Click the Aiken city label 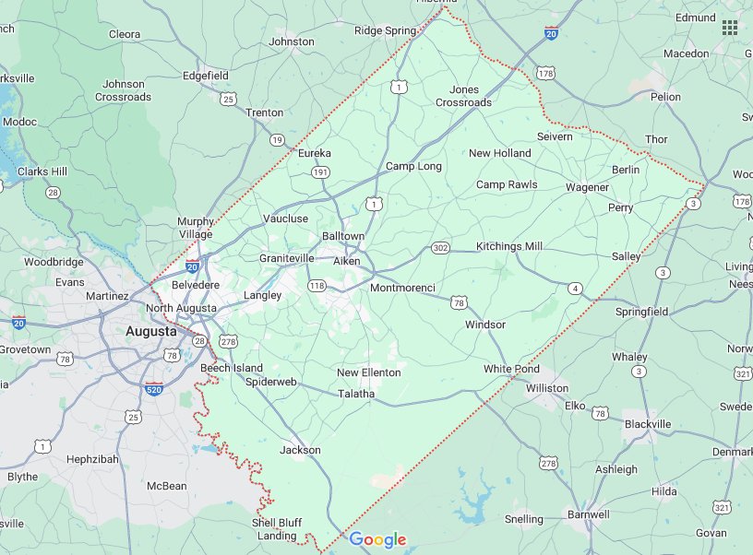[x=347, y=262]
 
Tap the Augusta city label [x=151, y=330]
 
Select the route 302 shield [x=440, y=248]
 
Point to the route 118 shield [x=317, y=287]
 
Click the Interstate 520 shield [x=155, y=390]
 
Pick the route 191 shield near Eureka [x=320, y=172]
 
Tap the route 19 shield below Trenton [x=277, y=140]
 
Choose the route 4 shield [x=575, y=289]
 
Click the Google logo [x=377, y=540]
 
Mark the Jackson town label [x=300, y=450]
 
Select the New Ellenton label [x=368, y=372]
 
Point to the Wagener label [x=587, y=187]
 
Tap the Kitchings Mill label [x=509, y=246]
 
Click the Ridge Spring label [x=386, y=30]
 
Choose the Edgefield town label [x=206, y=76]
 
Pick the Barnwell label [x=589, y=514]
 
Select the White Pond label [x=511, y=369]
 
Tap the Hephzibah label [x=94, y=458]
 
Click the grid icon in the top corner [x=730, y=28]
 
